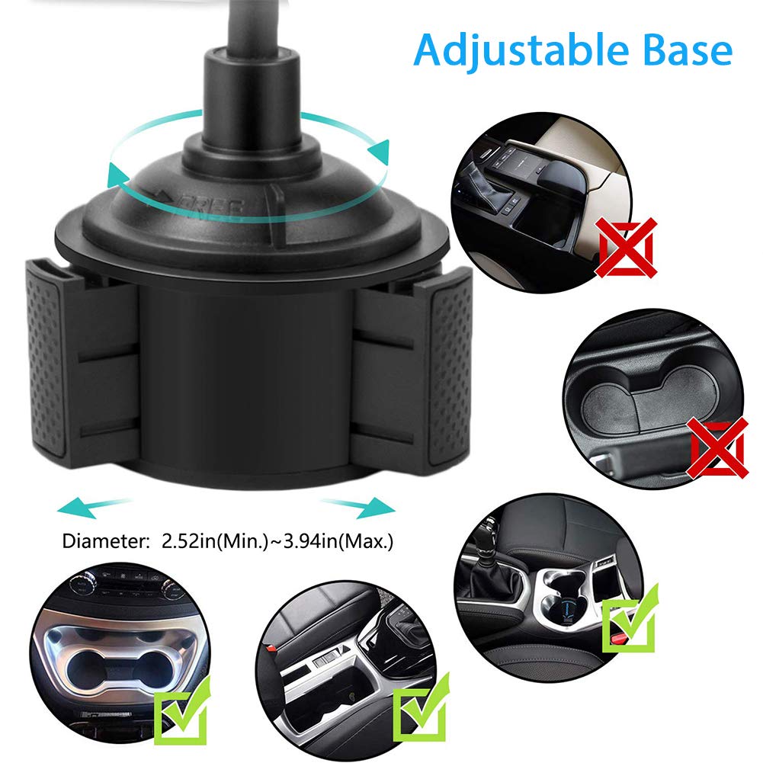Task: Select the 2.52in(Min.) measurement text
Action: tap(203, 542)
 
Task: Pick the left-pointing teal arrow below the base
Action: tap(88, 505)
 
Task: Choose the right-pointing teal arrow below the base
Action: tap(358, 505)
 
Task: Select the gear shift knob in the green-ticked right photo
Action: tap(486, 550)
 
